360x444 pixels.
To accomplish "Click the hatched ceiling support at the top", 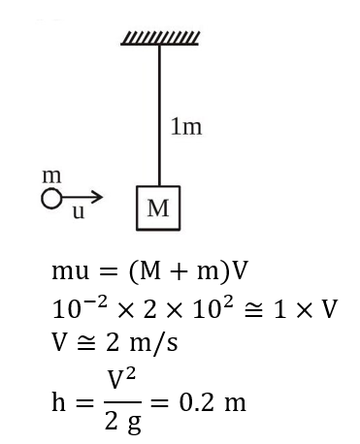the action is (x=160, y=39).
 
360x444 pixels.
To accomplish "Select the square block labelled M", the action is (x=158, y=207).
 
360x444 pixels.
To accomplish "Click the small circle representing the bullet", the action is (x=50, y=199).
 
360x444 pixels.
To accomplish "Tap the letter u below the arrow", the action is (x=79, y=213).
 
